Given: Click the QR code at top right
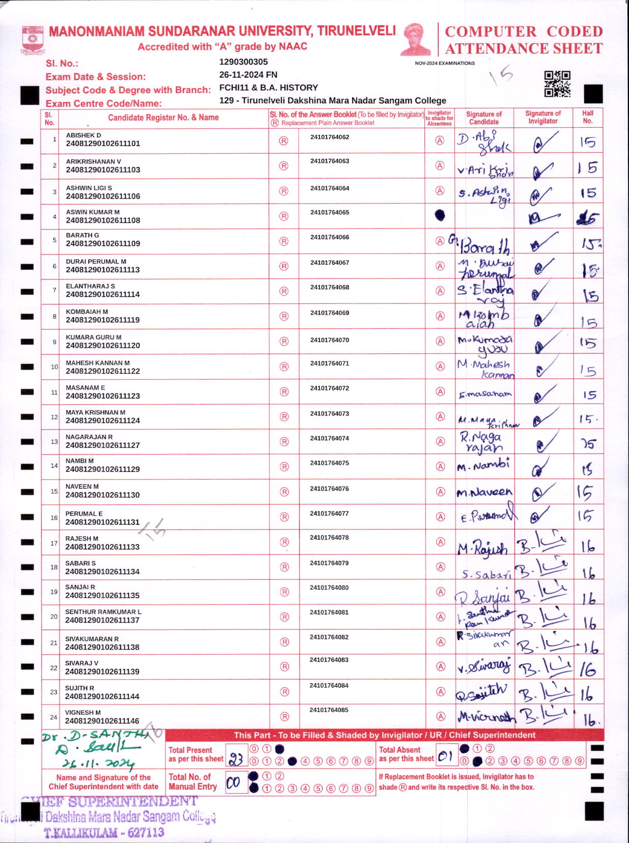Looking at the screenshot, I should coord(557,83).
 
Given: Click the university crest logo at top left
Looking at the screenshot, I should coord(33,40).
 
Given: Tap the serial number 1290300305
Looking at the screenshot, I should coord(243,62).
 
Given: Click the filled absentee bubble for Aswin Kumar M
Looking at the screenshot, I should coord(440,215).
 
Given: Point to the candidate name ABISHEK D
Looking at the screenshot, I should coord(83,135).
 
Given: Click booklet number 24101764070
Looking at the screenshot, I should coord(330,340).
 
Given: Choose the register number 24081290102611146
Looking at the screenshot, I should coord(102,721).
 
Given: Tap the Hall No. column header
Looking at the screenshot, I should coord(588,117).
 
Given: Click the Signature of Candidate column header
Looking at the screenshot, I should coord(483,118).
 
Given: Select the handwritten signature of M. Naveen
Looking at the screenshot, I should coord(484,492).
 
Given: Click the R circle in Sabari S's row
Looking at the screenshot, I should coord(284,567).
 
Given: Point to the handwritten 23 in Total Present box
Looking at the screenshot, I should coord(236,759).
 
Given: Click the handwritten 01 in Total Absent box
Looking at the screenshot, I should coord(445,756).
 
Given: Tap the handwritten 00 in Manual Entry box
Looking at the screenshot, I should coord(234,782).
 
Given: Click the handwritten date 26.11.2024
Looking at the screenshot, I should coord(98,764).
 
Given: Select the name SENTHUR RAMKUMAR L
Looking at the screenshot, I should coord(103,612).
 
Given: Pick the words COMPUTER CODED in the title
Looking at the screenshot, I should coord(524,32).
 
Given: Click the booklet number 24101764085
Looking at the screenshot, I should coord(329,710).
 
